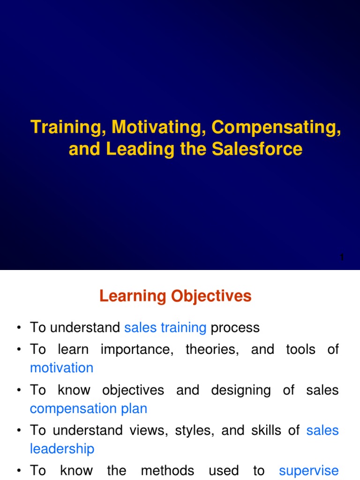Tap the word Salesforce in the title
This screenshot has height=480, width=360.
tap(257, 149)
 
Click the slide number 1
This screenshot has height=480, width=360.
tap(342, 257)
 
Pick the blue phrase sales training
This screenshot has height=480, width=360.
tap(165, 327)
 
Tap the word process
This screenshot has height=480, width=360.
tap(235, 327)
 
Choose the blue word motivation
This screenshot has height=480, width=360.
tap(61, 368)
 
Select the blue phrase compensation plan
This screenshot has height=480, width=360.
tap(89, 408)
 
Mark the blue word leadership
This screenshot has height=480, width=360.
tap(62, 449)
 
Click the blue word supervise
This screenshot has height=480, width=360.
tap(308, 471)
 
